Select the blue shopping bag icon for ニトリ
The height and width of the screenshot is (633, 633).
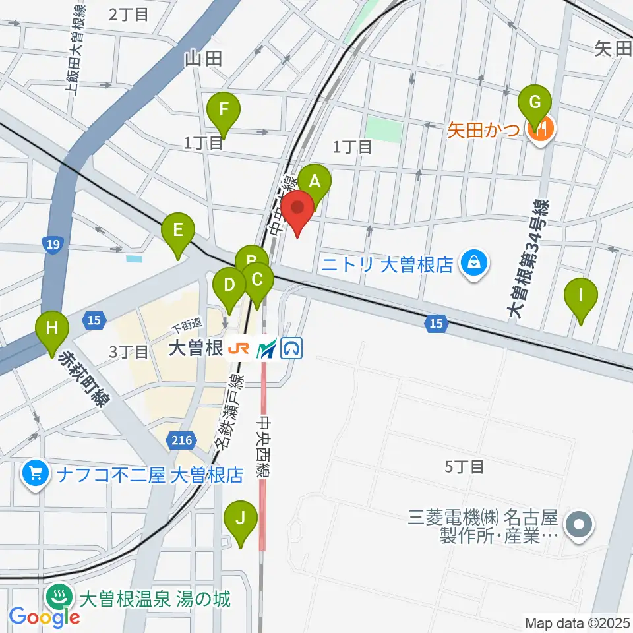[473, 264]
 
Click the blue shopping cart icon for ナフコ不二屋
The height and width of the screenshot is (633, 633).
[32, 473]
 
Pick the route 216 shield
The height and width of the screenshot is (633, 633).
[183, 440]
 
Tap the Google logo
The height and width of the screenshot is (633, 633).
[45, 617]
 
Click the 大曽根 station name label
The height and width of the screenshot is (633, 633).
[195, 349]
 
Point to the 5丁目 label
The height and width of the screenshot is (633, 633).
[464, 467]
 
